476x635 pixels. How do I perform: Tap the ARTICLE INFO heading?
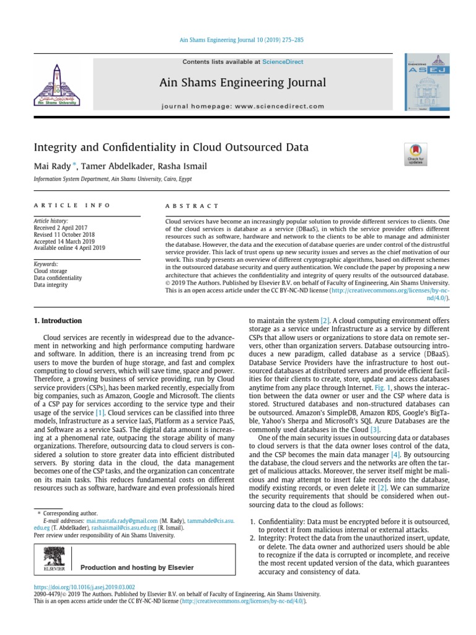pyautogui.click(x=72, y=205)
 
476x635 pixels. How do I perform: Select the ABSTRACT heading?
pyautogui.click(x=192, y=206)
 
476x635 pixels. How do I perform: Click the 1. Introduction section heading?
pyautogui.click(x=57, y=321)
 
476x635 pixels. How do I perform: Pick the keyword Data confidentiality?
pyautogui.click(x=58, y=278)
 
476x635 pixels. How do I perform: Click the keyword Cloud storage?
pyautogui.click(x=50, y=271)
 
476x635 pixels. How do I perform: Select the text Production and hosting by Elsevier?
pyautogui.click(x=137, y=567)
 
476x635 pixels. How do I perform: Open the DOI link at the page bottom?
pyautogui.click(x=84, y=587)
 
